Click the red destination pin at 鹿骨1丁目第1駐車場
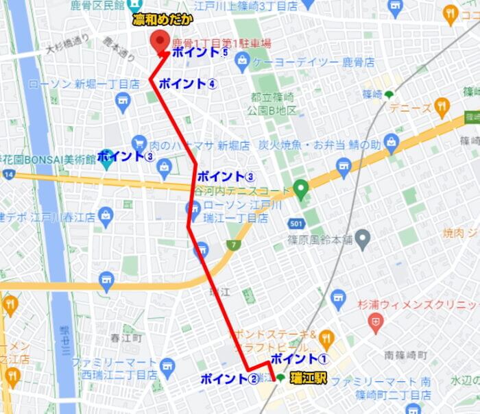coord(160,42)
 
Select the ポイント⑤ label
coord(200,52)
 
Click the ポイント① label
coord(300,358)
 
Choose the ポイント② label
coord(229,378)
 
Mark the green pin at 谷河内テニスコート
coord(300,186)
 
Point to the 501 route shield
coord(296,223)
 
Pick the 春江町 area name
coord(125,339)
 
